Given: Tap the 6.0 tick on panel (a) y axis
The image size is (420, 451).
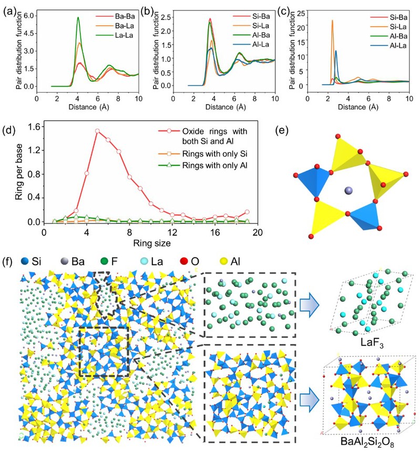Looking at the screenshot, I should click(x=29, y=16).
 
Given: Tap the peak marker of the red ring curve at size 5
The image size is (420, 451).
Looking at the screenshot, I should click(x=97, y=131).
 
